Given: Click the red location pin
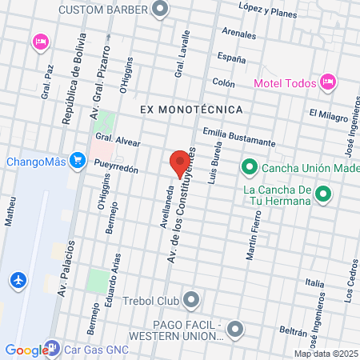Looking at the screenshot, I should click(x=180, y=163).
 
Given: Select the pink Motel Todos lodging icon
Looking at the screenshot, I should click(x=326, y=82).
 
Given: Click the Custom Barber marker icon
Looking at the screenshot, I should click(x=161, y=10).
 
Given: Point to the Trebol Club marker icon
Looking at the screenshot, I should click(x=191, y=301).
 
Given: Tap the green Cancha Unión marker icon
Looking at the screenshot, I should click(x=249, y=167).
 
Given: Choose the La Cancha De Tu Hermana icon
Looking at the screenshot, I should click(x=323, y=194).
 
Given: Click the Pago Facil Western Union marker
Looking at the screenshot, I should click(x=235, y=329).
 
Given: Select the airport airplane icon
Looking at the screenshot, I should click(x=18, y=281).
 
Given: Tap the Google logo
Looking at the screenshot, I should click(x=26, y=350).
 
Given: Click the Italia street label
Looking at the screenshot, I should click(x=315, y=282).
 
